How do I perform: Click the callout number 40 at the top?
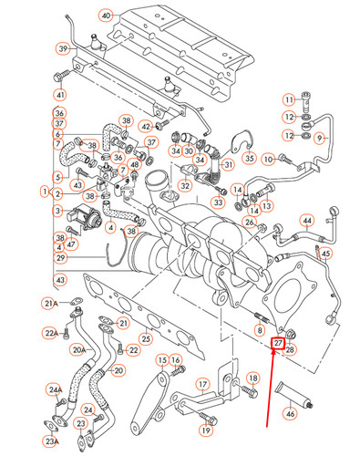coord(107,16)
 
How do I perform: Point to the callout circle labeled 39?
coord(63,48)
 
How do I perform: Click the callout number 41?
coord(60,95)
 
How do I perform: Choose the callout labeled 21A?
coord(51,303)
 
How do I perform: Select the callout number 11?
coord(289,99)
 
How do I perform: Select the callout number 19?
coord(206,430)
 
